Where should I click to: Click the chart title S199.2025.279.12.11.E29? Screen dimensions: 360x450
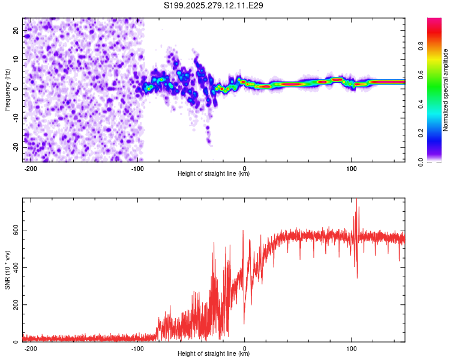214,6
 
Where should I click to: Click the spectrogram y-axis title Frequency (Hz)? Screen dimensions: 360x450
7,90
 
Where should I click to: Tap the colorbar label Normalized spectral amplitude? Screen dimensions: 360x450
445,90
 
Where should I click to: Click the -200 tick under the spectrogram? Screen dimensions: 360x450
31,168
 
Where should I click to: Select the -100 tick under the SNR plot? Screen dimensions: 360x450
137,348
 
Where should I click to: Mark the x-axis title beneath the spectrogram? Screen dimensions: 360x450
214,174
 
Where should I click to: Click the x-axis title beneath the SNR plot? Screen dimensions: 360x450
214,354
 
